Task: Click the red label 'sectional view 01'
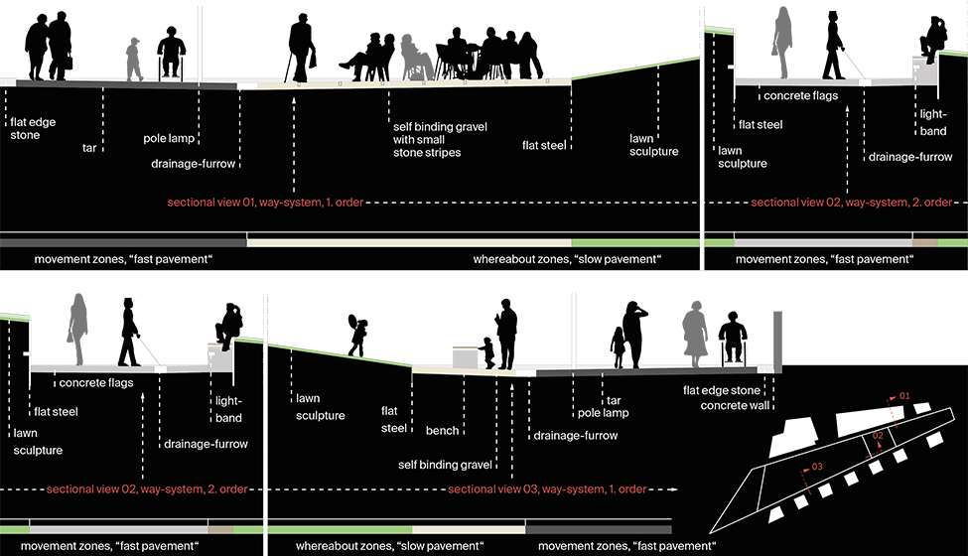click(x=265, y=203)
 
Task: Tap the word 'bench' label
click(x=442, y=431)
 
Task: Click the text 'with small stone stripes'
click(x=427, y=146)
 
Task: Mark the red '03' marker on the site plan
click(x=817, y=466)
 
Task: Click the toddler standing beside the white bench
click(x=486, y=352)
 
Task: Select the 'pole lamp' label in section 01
click(x=168, y=138)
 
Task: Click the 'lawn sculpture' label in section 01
click(x=653, y=145)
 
